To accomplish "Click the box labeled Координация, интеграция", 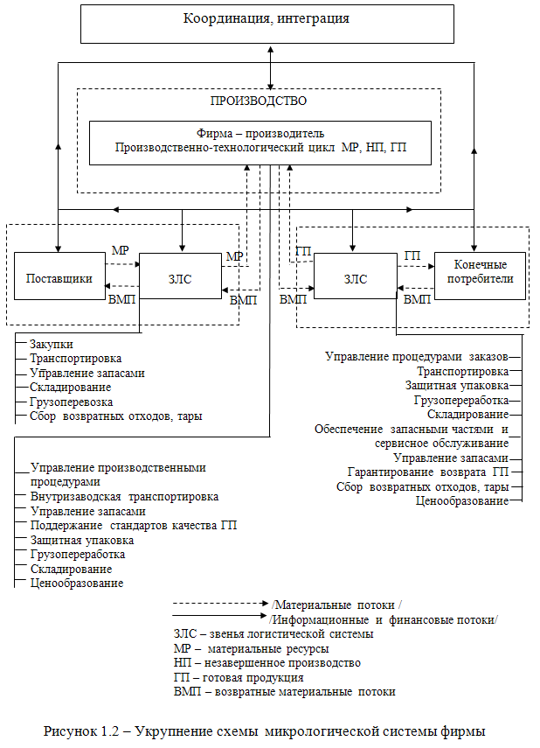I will point(267,24).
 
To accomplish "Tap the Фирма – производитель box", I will point(260,143).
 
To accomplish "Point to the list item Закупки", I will point(52,345).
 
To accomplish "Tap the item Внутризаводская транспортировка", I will point(124,496).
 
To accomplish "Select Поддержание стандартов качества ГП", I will point(134,525).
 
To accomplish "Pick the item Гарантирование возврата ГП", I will point(427,472).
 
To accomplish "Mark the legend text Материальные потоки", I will point(336,605).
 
